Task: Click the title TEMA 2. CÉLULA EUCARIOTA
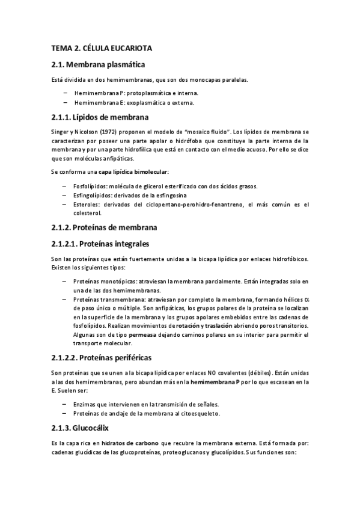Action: click(x=102, y=48)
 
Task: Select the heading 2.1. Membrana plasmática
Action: click(x=98, y=64)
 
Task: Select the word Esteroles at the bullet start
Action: click(x=87, y=204)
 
